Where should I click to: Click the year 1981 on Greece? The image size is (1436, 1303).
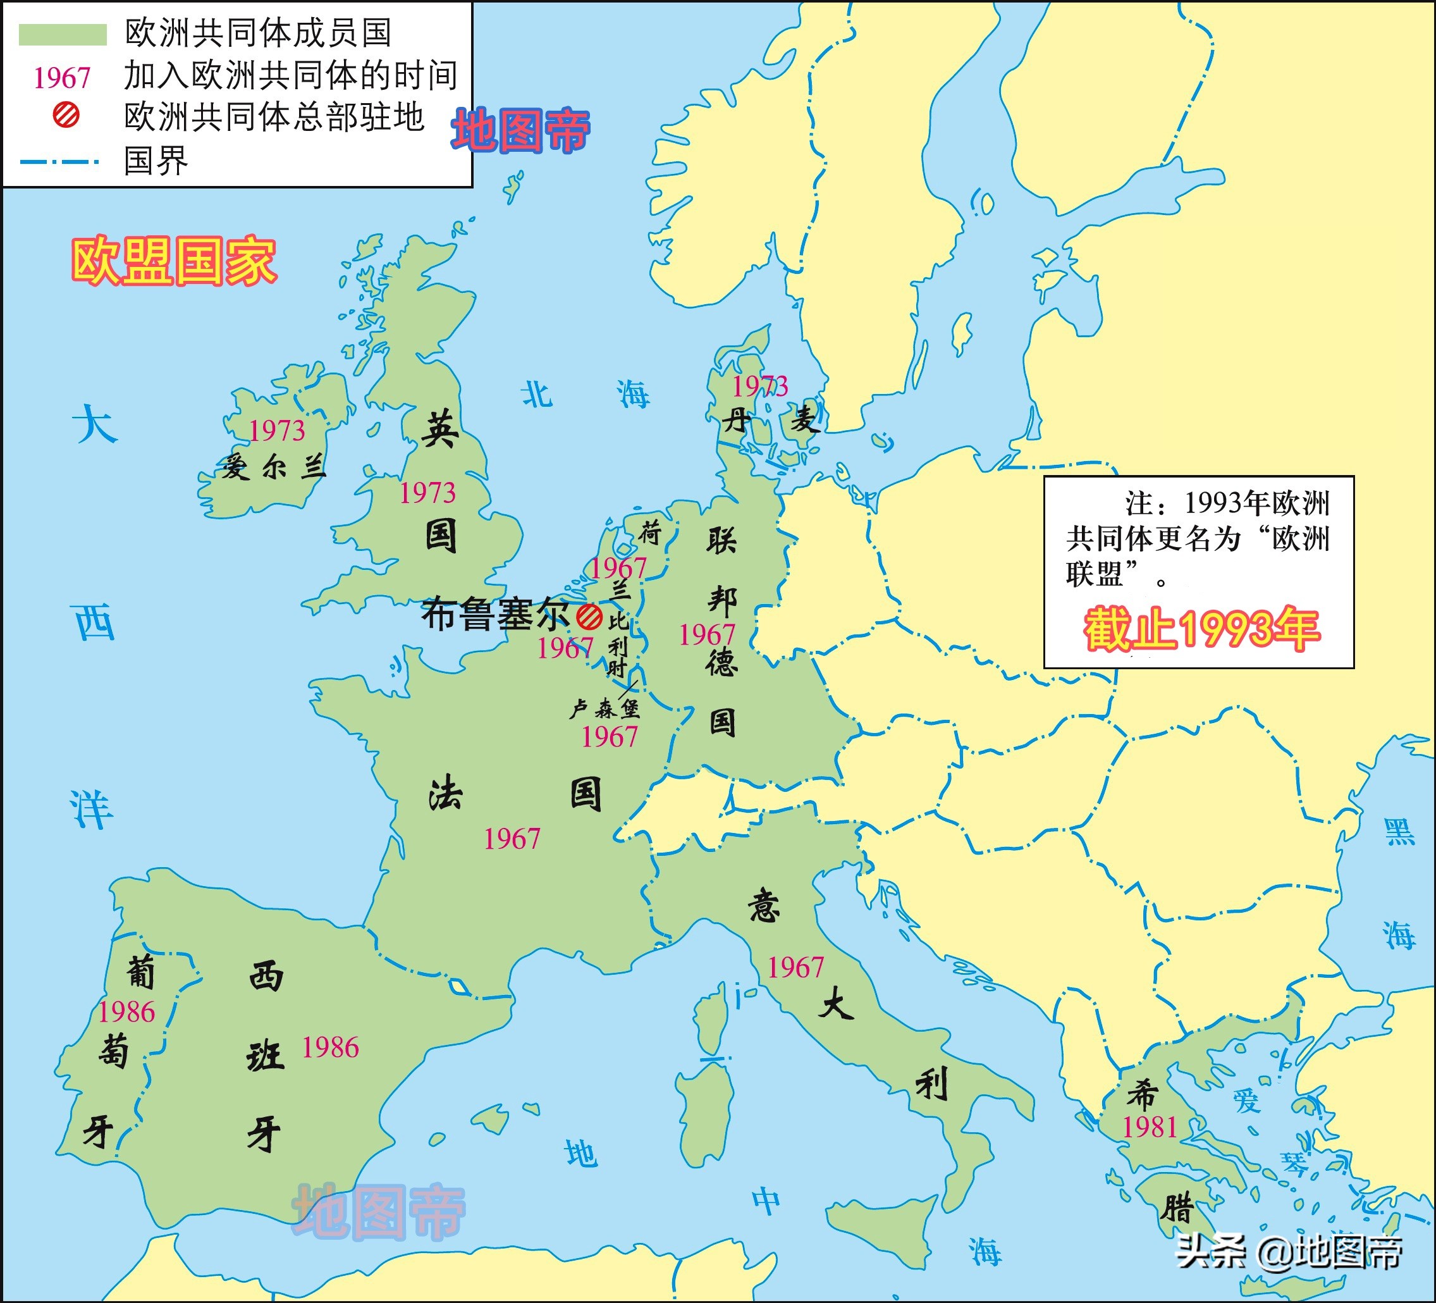pyautogui.click(x=1150, y=1128)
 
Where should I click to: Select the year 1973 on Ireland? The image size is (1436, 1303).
pyautogui.click(x=276, y=431)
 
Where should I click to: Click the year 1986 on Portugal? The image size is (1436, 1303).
pyautogui.click(x=126, y=1012)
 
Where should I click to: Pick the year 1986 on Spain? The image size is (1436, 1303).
pyautogui.click(x=330, y=1048)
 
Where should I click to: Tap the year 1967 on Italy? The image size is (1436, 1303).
pyautogui.click(x=795, y=968)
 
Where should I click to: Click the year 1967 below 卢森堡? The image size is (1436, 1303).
pyautogui.click(x=609, y=738)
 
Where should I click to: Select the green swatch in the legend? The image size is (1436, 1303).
pyautogui.click(x=63, y=34)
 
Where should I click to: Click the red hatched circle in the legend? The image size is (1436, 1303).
pyautogui.click(x=66, y=115)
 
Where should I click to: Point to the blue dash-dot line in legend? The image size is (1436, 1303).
pyautogui.click(x=60, y=162)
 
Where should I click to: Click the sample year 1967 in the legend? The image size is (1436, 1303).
pyautogui.click(x=62, y=78)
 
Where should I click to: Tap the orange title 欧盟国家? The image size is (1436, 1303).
pyautogui.click(x=174, y=261)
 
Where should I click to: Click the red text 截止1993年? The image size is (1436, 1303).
pyautogui.click(x=1201, y=630)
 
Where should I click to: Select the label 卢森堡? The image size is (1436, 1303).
pyautogui.click(x=604, y=709)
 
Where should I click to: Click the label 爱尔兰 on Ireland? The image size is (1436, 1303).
pyautogui.click(x=273, y=467)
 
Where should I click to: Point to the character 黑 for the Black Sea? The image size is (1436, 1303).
pyautogui.click(x=1399, y=831)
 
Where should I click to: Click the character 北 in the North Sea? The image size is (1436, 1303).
pyautogui.click(x=536, y=394)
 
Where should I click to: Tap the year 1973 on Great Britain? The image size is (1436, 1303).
pyautogui.click(x=427, y=493)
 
